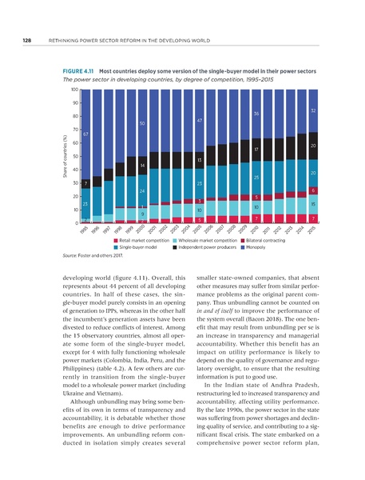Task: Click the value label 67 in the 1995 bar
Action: click(x=85, y=134)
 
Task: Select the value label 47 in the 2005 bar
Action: click(x=199, y=120)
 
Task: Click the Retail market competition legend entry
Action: click(x=147, y=240)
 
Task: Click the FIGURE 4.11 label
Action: click(x=78, y=71)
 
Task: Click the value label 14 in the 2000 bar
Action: click(x=141, y=165)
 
